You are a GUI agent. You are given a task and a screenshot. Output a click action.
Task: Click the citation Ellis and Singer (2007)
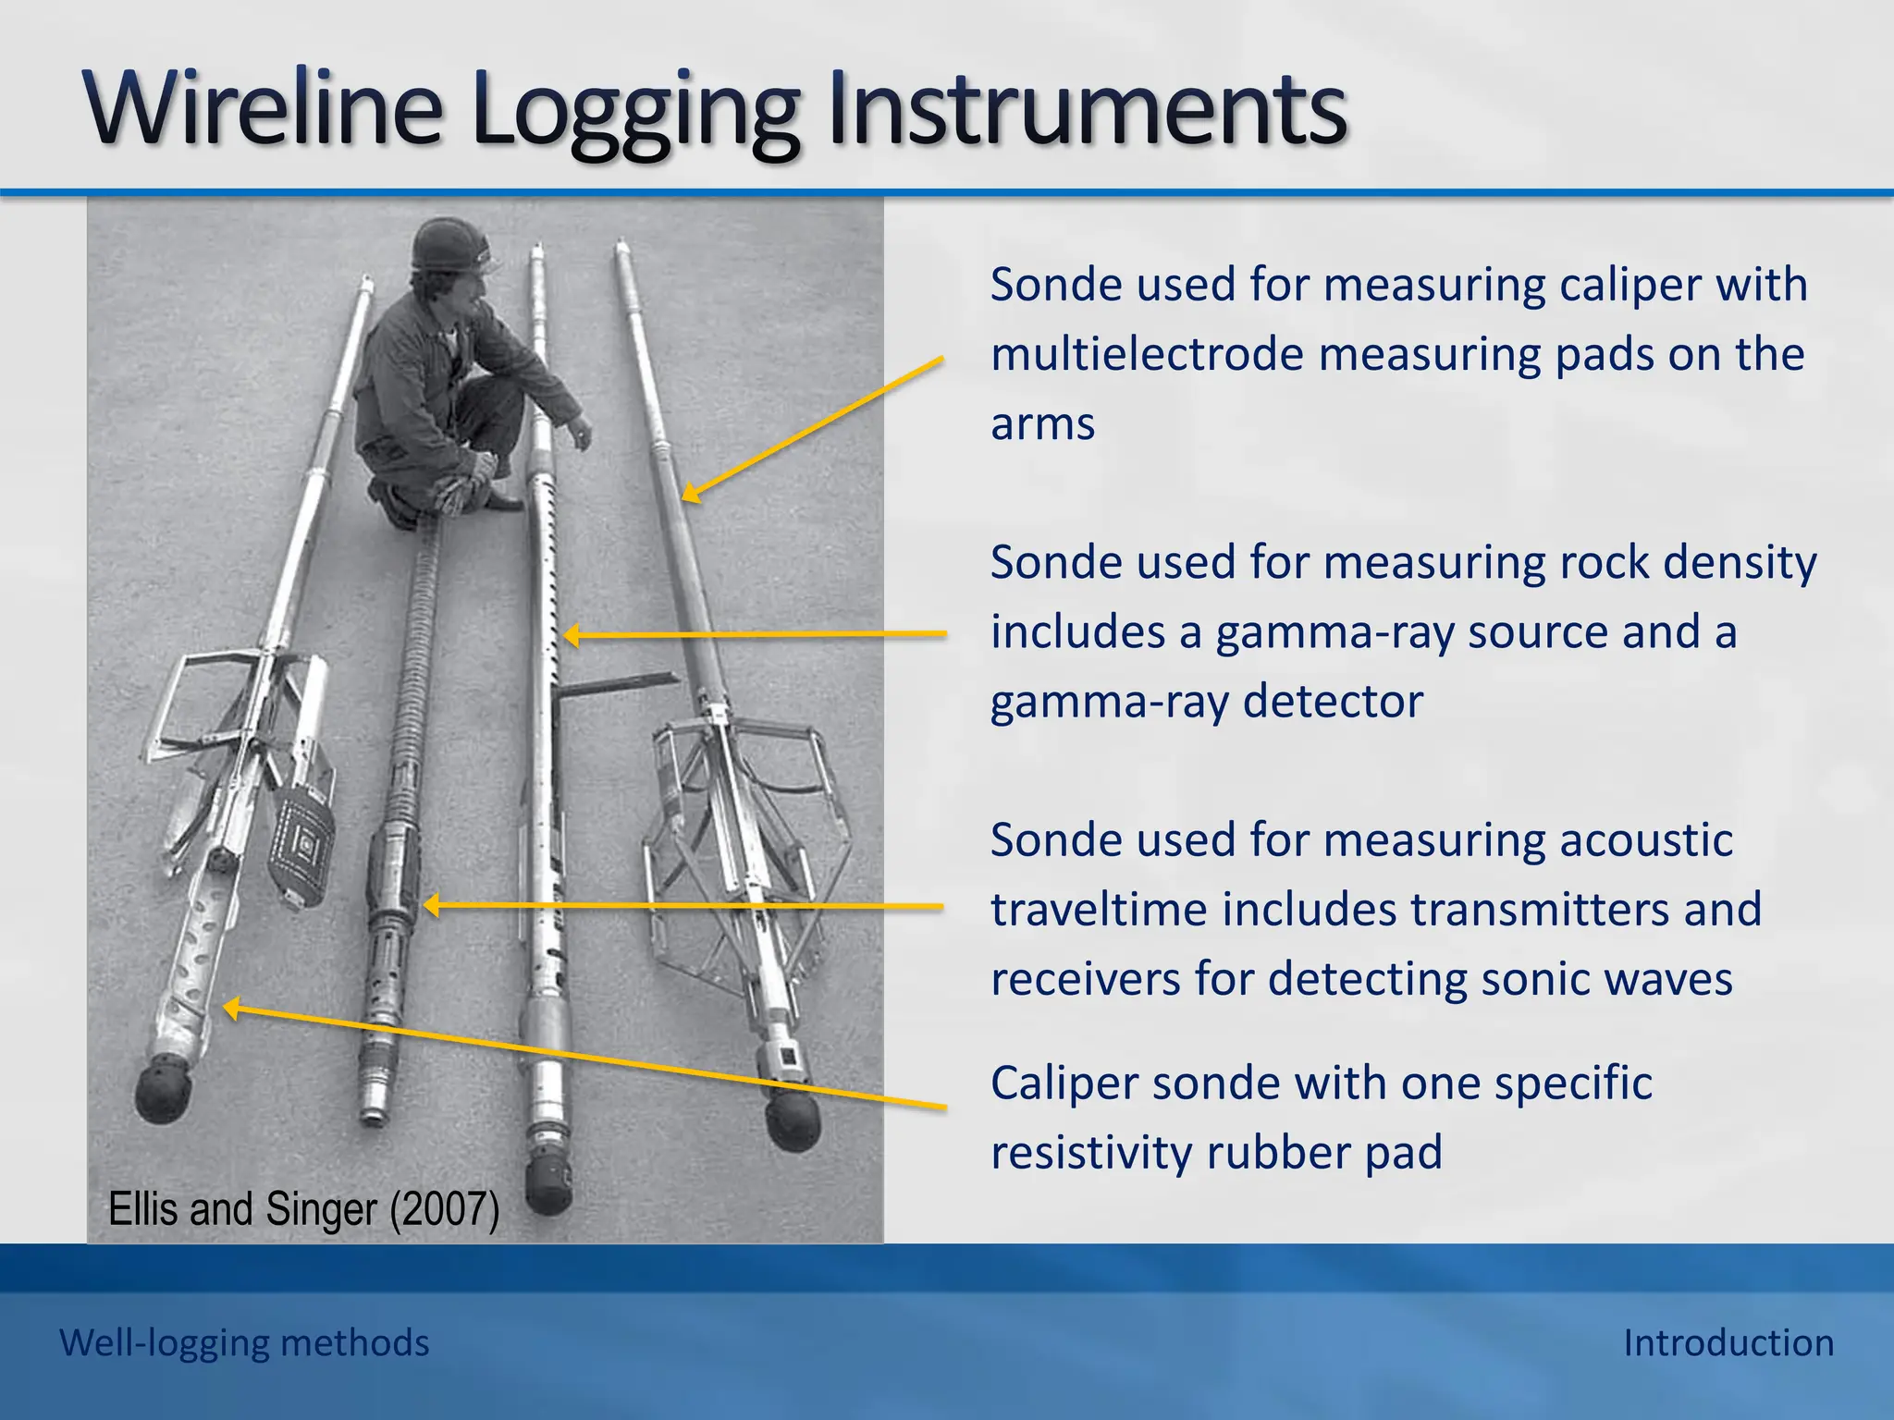pyautogui.click(x=303, y=1209)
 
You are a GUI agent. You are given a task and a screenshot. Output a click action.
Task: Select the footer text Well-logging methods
pyautogui.click(x=244, y=1342)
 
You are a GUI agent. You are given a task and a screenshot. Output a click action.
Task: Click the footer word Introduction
pyautogui.click(x=1728, y=1342)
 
